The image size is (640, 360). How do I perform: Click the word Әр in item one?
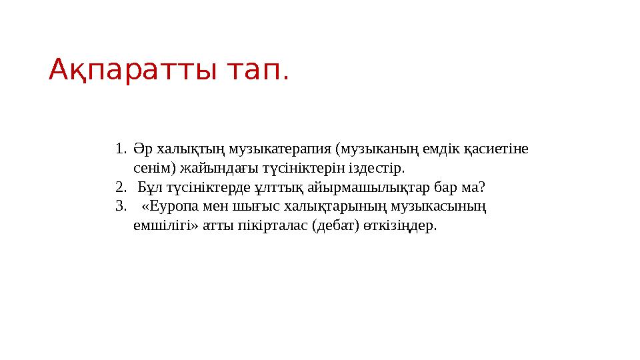(139, 147)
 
